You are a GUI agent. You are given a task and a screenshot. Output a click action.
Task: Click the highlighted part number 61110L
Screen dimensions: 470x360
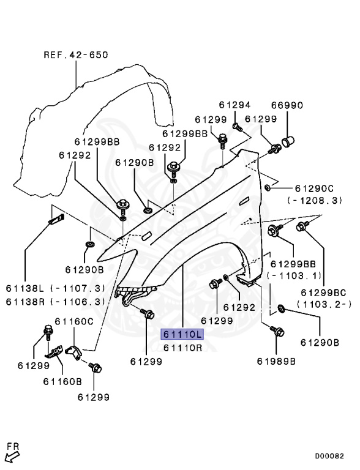tap(182, 335)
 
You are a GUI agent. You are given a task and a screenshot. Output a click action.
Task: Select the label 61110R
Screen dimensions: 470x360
tap(182, 347)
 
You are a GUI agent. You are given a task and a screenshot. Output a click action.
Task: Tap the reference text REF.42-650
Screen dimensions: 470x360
tap(75, 54)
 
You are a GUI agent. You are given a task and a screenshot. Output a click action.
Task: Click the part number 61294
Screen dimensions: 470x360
tap(232, 105)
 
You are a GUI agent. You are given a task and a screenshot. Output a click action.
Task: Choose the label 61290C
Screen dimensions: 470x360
tap(314, 187)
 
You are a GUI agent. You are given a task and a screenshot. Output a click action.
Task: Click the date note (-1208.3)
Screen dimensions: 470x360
tap(314, 200)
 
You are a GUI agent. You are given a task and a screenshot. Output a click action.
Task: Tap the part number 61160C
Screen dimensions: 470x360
tap(74, 321)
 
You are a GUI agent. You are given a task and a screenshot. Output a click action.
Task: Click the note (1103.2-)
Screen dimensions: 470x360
tap(324, 304)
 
